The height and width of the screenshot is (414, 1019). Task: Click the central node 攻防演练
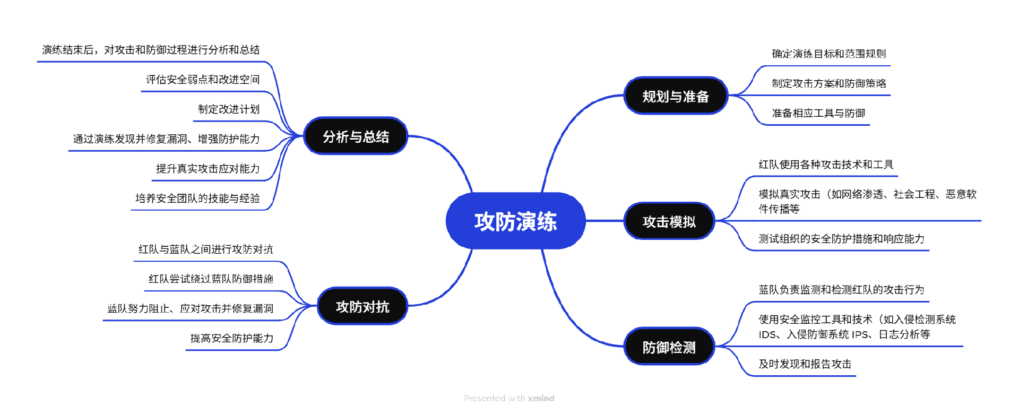point(515,221)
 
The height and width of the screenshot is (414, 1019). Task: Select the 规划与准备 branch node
point(675,96)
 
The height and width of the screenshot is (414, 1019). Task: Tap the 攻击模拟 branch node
point(669,221)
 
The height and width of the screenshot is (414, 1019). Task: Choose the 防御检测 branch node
point(669,347)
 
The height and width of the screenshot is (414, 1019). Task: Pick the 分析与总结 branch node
point(356,136)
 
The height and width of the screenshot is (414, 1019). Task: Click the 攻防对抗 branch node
point(362,306)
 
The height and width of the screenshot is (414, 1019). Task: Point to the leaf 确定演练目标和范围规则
point(828,54)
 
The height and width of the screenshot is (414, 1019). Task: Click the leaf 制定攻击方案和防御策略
point(828,83)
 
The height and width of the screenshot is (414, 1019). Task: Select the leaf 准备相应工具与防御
point(818,113)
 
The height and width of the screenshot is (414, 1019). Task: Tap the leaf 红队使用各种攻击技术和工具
point(826,165)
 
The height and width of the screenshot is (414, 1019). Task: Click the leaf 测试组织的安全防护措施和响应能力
point(841,239)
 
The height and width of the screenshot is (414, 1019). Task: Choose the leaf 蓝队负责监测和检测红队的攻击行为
point(841,290)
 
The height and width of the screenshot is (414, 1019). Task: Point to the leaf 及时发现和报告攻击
point(805,364)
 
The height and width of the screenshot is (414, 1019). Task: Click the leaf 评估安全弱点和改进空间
point(203,80)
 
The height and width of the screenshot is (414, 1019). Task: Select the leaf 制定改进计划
point(229,109)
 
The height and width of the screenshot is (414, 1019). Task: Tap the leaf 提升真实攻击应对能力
point(208,169)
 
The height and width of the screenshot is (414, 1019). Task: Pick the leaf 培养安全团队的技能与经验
point(197,199)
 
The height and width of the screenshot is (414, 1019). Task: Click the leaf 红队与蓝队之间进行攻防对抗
point(206,249)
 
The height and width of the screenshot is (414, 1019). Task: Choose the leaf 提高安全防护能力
point(232,338)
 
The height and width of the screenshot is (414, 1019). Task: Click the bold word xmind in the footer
point(541,398)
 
